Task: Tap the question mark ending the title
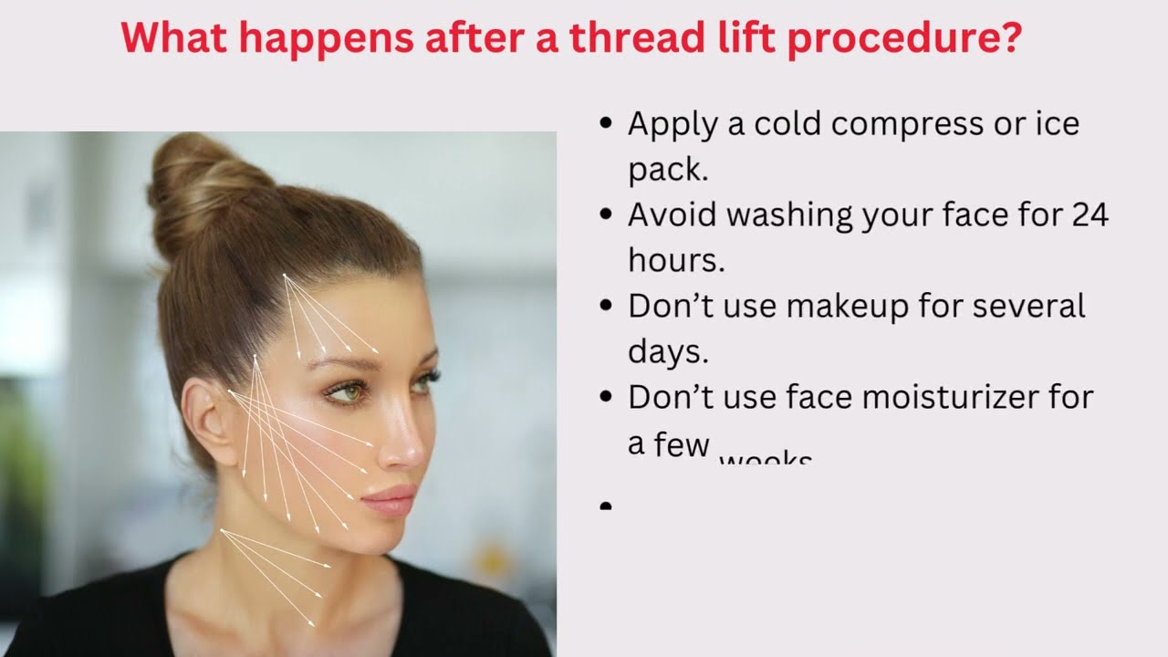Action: pyautogui.click(x=1009, y=39)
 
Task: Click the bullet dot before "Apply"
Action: pyautogui.click(x=606, y=123)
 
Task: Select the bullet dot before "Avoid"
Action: pyautogui.click(x=606, y=214)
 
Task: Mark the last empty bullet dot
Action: pyautogui.click(x=606, y=505)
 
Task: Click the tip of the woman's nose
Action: pyautogui.click(x=418, y=452)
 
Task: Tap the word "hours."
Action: pyautogui.click(x=676, y=260)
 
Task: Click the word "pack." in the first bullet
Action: pyautogui.click(x=668, y=170)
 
